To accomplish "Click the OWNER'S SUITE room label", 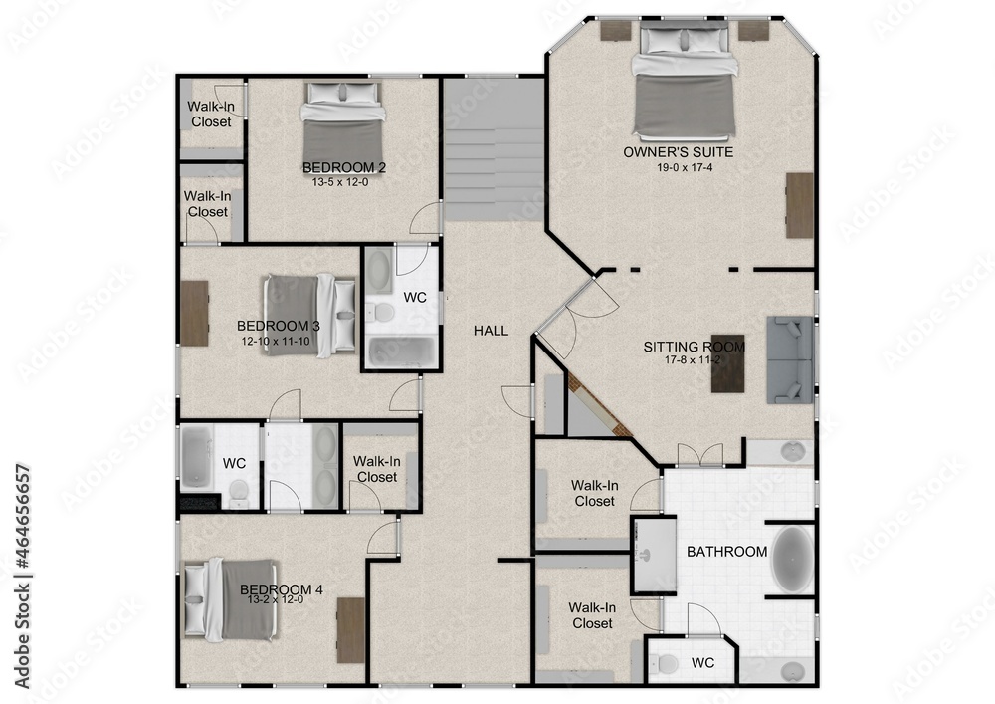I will pyautogui.click(x=678, y=152).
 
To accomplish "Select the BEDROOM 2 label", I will pyautogui.click(x=343, y=166).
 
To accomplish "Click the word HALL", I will pyautogui.click(x=491, y=331).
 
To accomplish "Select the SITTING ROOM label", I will pyautogui.click(x=694, y=347).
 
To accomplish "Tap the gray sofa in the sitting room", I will pyautogui.click(x=790, y=358).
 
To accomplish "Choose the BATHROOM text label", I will pyautogui.click(x=726, y=551).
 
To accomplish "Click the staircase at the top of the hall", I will pyautogui.click(x=494, y=149).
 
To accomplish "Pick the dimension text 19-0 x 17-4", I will pyautogui.click(x=678, y=167).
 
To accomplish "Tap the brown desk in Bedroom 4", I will pyautogui.click(x=350, y=629).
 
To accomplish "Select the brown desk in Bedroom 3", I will pyautogui.click(x=194, y=313).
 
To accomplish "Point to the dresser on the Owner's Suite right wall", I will pyautogui.click(x=799, y=205).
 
